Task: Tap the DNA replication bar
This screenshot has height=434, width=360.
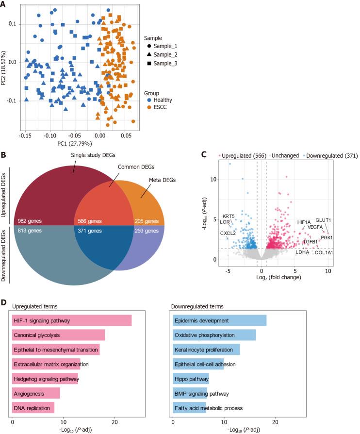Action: coord(33,408)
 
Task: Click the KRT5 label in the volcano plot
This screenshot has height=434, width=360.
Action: coord(229,216)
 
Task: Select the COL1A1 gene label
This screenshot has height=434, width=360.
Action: coord(324,252)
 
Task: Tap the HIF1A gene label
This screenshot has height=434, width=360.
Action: coord(304,222)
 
